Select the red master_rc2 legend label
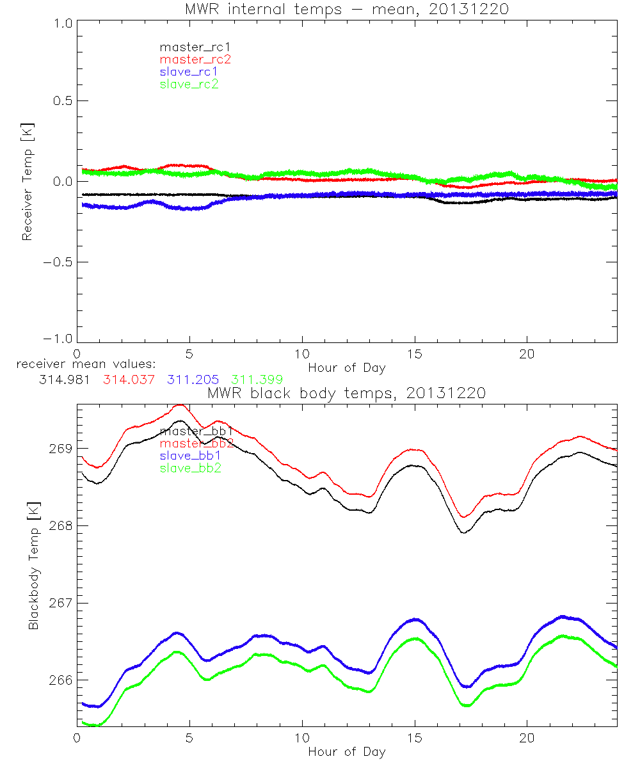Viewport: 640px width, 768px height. point(195,60)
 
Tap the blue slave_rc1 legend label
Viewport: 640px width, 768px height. point(189,72)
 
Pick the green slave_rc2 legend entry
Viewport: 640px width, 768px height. point(189,84)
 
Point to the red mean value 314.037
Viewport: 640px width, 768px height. point(129,380)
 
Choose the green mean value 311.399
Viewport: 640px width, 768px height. point(257,380)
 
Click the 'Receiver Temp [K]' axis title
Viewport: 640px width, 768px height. point(27,181)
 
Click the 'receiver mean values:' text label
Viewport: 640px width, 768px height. point(81,365)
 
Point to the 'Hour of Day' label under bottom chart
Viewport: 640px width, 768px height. point(346,751)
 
